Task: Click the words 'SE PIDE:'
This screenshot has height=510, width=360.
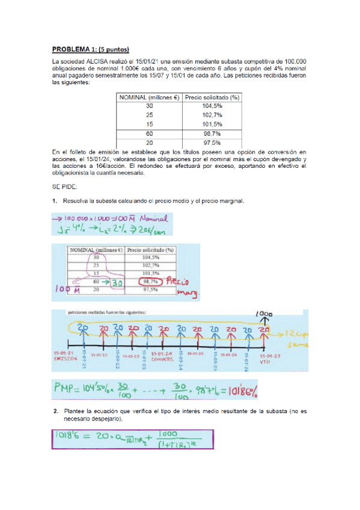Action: [x=64, y=186]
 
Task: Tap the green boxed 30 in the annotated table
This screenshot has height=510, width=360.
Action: [x=117, y=281]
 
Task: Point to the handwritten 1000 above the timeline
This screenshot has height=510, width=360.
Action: [x=264, y=314]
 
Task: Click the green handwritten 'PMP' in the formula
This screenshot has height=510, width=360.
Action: [x=68, y=391]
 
